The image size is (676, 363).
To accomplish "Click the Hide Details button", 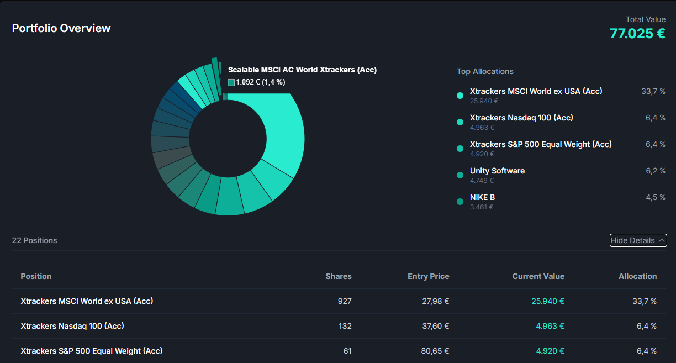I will (x=638, y=240).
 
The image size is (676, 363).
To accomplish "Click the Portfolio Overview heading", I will (x=61, y=28).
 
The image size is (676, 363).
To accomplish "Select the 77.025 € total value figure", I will (x=637, y=34).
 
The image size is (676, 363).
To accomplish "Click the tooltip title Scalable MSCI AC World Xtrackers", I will (x=302, y=70).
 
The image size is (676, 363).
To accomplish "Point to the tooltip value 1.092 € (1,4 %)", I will (x=260, y=82).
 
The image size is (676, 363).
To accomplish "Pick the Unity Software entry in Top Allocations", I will (x=497, y=171).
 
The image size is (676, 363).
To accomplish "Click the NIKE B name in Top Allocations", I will (x=482, y=197).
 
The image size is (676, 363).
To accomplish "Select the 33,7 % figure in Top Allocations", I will (x=653, y=91).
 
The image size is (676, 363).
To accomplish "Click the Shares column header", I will (x=338, y=276).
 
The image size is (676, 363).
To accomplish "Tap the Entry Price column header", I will (x=428, y=276).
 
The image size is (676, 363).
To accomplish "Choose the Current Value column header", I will (x=538, y=276).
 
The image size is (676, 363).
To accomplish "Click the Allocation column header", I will (x=637, y=276).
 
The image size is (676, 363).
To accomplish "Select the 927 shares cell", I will (x=345, y=301).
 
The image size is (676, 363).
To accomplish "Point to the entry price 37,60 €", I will (x=435, y=326).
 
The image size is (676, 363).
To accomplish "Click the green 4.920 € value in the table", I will (x=550, y=351).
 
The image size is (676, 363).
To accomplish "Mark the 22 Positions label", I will (x=34, y=240).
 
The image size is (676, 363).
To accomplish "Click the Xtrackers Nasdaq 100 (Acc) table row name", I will (x=72, y=326).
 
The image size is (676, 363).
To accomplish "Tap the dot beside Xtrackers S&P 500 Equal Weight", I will (x=460, y=149).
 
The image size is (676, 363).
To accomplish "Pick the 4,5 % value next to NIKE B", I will (x=655, y=197).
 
